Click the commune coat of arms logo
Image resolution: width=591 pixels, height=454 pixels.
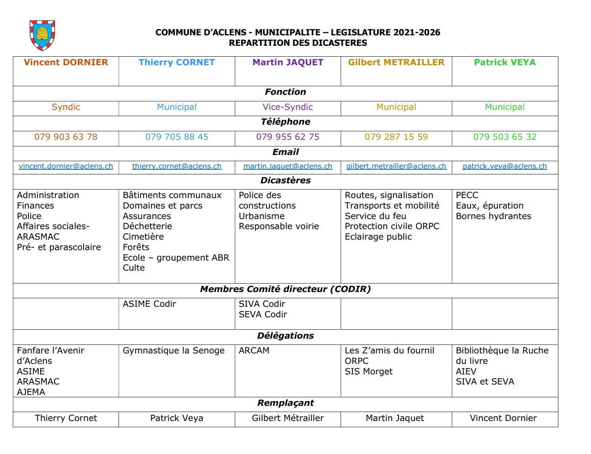click(x=42, y=35)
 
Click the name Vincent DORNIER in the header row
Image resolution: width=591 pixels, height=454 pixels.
click(x=66, y=63)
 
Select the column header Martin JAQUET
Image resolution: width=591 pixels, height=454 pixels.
click(x=288, y=63)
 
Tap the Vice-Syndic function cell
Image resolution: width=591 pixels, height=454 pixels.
click(x=288, y=107)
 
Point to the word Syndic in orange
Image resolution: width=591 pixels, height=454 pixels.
click(x=66, y=107)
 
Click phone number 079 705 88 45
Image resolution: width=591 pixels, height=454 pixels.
click(x=177, y=137)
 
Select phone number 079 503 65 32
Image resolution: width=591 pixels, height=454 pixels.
click(x=505, y=137)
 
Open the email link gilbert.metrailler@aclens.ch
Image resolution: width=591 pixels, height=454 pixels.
click(x=396, y=166)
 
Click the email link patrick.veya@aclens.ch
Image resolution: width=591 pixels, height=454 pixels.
click(x=505, y=166)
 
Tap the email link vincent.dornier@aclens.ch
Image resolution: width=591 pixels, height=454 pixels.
click(x=66, y=166)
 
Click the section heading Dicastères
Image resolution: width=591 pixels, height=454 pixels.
click(x=285, y=181)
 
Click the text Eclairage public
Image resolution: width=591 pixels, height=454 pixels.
click(x=378, y=237)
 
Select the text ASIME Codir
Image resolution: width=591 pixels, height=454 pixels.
click(x=149, y=304)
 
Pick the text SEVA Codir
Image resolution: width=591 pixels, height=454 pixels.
click(x=262, y=315)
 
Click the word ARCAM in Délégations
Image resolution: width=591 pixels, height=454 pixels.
click(x=254, y=351)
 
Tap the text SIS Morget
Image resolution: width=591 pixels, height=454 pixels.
click(x=369, y=372)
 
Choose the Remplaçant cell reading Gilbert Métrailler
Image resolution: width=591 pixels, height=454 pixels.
click(x=288, y=418)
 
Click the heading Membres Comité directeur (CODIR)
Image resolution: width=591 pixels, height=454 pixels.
click(x=285, y=289)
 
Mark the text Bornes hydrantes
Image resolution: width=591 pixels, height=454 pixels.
click(x=493, y=216)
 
